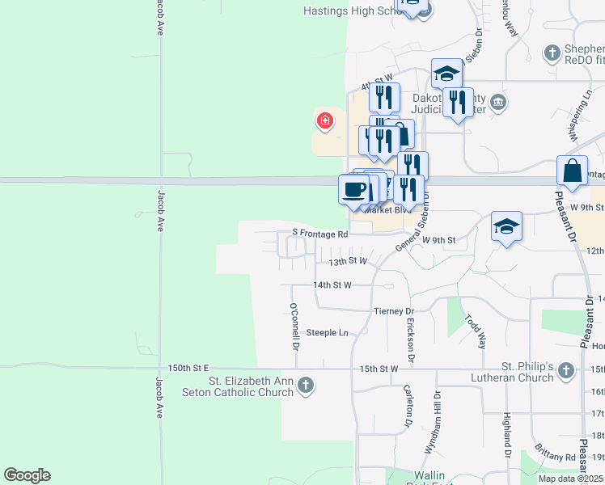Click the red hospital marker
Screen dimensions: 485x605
[325, 121]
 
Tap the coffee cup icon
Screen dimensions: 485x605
[353, 190]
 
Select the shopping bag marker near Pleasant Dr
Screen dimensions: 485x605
[572, 171]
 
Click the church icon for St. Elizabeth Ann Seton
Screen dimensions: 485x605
[305, 385]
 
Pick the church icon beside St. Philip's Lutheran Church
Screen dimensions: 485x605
[567, 372]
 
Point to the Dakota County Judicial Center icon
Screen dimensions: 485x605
[498, 102]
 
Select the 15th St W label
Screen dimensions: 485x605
[379, 369]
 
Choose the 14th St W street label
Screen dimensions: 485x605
[332, 285]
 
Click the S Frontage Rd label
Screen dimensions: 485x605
[319, 234]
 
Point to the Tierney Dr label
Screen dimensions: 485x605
[394, 311]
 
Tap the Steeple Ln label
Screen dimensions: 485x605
[327, 332]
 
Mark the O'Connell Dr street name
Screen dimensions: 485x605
[295, 327]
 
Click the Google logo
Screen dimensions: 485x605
[27, 475]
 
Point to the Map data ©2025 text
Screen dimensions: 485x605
[570, 479]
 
